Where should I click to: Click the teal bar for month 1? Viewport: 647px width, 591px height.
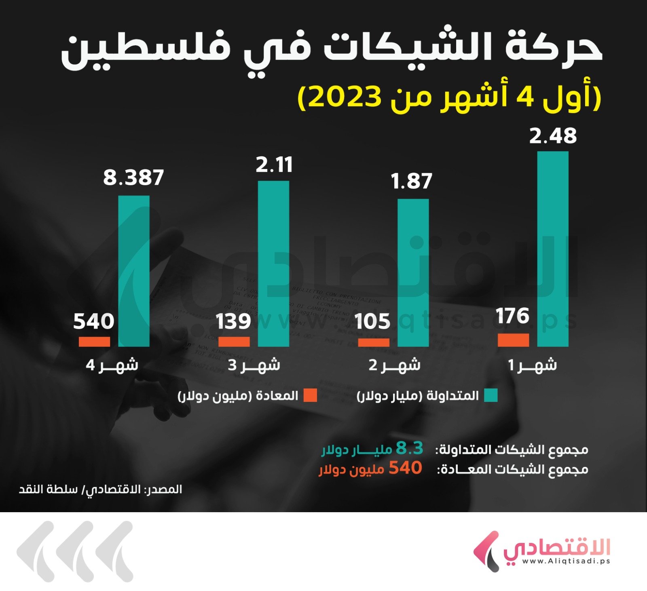(552, 249)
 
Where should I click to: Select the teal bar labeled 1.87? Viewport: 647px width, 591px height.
(413, 272)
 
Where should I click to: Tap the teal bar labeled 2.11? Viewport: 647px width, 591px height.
(273, 264)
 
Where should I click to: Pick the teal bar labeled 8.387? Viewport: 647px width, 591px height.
(134, 271)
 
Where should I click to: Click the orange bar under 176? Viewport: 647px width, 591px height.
(513, 340)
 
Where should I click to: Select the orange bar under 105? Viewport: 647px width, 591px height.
(374, 342)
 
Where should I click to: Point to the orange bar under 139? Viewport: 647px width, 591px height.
(234, 342)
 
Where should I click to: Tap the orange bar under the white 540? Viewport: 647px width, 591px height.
(94, 342)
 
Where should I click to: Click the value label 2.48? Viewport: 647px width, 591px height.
(553, 136)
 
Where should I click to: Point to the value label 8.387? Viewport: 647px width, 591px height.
(133, 177)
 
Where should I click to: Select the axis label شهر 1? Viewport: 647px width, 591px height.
(532, 365)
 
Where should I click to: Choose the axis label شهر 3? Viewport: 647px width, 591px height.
(254, 365)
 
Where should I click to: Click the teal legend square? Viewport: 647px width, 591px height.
(491, 395)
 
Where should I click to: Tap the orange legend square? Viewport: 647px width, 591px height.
(311, 395)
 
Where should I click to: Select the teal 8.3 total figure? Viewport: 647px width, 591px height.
(409, 448)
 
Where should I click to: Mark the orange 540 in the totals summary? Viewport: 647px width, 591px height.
(405, 468)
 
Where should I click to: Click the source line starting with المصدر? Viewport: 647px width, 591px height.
(101, 490)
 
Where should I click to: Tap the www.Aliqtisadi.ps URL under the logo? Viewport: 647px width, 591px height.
(566, 561)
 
